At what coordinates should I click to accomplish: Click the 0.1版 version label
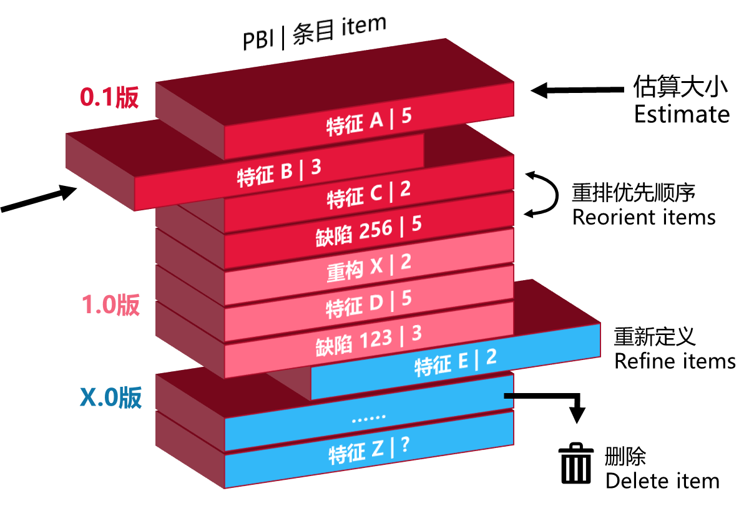tap(109, 97)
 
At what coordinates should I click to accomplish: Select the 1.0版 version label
tap(111, 305)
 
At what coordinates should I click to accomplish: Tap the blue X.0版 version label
tap(110, 397)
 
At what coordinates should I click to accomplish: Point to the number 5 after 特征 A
tap(406, 117)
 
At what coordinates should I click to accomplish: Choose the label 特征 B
tap(265, 175)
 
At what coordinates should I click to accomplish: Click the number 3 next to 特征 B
tap(316, 167)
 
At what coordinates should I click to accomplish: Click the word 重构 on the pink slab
tap(345, 271)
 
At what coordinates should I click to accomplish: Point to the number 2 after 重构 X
tap(406, 262)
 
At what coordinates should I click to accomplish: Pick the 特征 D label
tap(355, 306)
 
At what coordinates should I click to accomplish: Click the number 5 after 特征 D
tap(406, 299)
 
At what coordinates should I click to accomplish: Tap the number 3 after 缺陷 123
tap(416, 334)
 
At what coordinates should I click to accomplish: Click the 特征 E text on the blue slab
tap(442, 364)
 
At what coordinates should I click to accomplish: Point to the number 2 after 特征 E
tap(491, 358)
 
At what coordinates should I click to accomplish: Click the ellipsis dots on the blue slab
tap(368, 417)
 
